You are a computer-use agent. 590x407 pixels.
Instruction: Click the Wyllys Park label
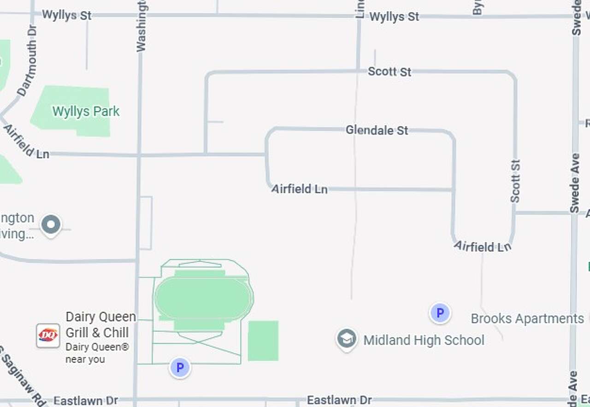click(x=86, y=111)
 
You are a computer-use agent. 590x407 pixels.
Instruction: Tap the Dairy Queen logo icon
click(x=48, y=335)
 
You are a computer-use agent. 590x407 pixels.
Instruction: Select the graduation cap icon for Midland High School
click(x=346, y=339)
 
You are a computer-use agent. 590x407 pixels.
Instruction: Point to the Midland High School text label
click(x=424, y=340)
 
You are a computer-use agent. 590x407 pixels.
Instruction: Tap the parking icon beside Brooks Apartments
click(x=440, y=313)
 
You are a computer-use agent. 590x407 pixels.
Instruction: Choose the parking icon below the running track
click(x=180, y=368)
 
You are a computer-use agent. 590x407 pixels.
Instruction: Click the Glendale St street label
click(x=377, y=130)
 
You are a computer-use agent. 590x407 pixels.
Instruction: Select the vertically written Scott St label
click(x=515, y=181)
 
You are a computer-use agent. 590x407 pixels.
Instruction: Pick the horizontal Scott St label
click(x=389, y=71)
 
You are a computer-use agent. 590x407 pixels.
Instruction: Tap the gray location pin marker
click(x=51, y=225)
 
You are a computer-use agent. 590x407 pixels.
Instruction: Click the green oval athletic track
click(x=203, y=298)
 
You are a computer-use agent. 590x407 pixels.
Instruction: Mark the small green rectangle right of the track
click(x=263, y=341)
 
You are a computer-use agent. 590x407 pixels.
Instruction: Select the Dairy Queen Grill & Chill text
click(x=100, y=324)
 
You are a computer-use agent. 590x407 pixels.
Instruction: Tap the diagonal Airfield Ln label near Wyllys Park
click(x=26, y=142)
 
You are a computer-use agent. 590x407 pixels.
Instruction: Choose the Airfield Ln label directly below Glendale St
click(x=299, y=189)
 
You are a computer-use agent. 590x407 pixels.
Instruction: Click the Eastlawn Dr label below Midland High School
click(x=339, y=400)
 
